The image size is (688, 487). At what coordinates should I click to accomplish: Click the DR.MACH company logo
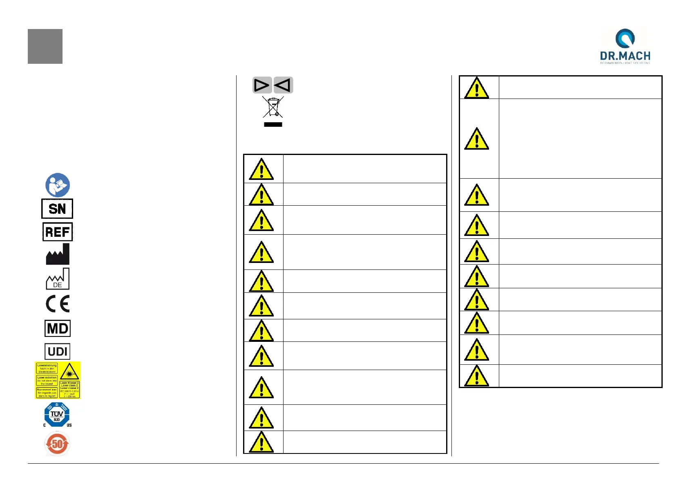click(625, 46)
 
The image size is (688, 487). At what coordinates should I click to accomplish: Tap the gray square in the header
click(45, 46)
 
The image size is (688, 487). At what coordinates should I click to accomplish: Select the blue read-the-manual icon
click(58, 185)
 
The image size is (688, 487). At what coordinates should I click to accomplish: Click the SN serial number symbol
click(57, 209)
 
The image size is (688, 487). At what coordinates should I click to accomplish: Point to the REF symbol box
click(58, 232)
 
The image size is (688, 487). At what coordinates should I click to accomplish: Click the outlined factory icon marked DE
click(58, 279)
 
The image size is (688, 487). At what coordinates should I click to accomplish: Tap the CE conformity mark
click(58, 304)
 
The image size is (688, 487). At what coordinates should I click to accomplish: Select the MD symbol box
click(58, 328)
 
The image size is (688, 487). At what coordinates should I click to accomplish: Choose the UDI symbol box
click(57, 351)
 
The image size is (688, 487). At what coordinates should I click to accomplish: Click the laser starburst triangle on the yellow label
click(69, 372)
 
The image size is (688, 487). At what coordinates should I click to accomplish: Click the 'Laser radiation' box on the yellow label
click(47, 380)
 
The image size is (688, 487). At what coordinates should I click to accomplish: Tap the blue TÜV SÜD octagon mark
click(57, 415)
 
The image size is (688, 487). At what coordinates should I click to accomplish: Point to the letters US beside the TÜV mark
click(69, 425)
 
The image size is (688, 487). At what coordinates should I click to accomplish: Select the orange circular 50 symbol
click(57, 444)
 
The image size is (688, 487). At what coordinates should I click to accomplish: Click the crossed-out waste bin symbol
click(273, 107)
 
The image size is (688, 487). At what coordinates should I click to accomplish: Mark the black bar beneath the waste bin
click(273, 124)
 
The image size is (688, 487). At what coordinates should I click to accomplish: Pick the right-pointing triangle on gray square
click(262, 85)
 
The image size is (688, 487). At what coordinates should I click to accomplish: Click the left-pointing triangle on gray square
click(283, 85)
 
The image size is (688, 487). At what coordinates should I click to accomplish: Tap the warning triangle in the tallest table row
click(477, 139)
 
